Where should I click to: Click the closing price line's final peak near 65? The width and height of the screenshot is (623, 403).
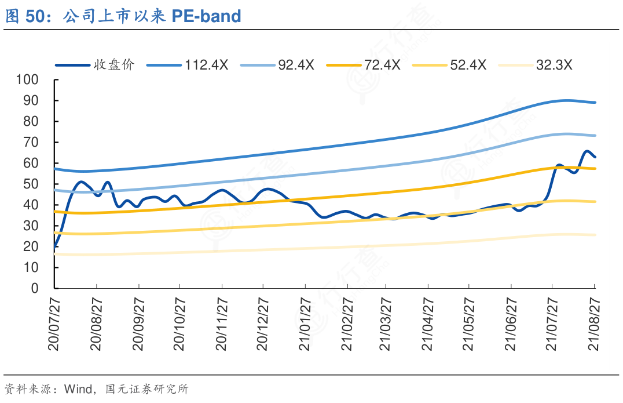point(587,152)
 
